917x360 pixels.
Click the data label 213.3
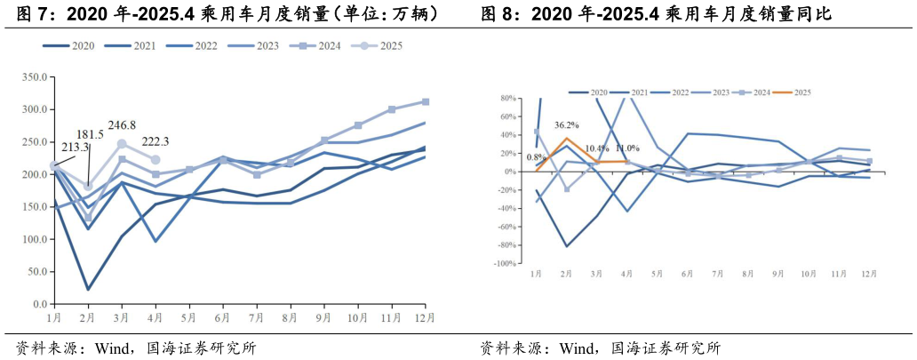(74, 148)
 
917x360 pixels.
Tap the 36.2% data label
(567, 125)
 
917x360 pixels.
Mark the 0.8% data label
(535, 157)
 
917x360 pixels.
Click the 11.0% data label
(627, 148)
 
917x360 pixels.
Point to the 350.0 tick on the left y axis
(34, 78)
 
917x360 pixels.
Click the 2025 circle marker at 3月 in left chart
(123, 144)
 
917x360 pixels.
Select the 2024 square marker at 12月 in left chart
(426, 102)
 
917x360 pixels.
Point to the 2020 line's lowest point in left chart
(89, 289)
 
